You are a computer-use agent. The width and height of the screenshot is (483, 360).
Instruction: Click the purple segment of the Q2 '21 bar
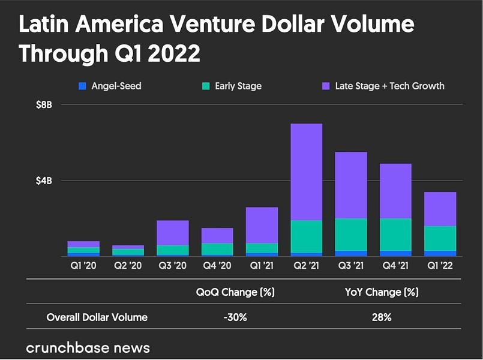[307, 172]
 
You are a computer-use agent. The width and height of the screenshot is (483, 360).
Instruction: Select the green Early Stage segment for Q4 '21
[395, 234]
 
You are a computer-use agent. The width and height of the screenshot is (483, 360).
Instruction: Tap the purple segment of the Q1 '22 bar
[440, 209]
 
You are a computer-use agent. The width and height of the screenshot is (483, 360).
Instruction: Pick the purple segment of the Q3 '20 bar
[173, 233]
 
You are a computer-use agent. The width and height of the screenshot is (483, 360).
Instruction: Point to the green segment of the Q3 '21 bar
[351, 234]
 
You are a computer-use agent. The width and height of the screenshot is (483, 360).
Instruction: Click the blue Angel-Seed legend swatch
[82, 86]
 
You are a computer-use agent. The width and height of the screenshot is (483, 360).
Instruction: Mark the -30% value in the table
[235, 317]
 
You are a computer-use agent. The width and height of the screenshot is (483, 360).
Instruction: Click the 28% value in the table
[382, 317]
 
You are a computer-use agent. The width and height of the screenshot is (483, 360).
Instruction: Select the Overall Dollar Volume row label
[97, 317]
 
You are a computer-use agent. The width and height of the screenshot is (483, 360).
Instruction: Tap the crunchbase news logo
[88, 347]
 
